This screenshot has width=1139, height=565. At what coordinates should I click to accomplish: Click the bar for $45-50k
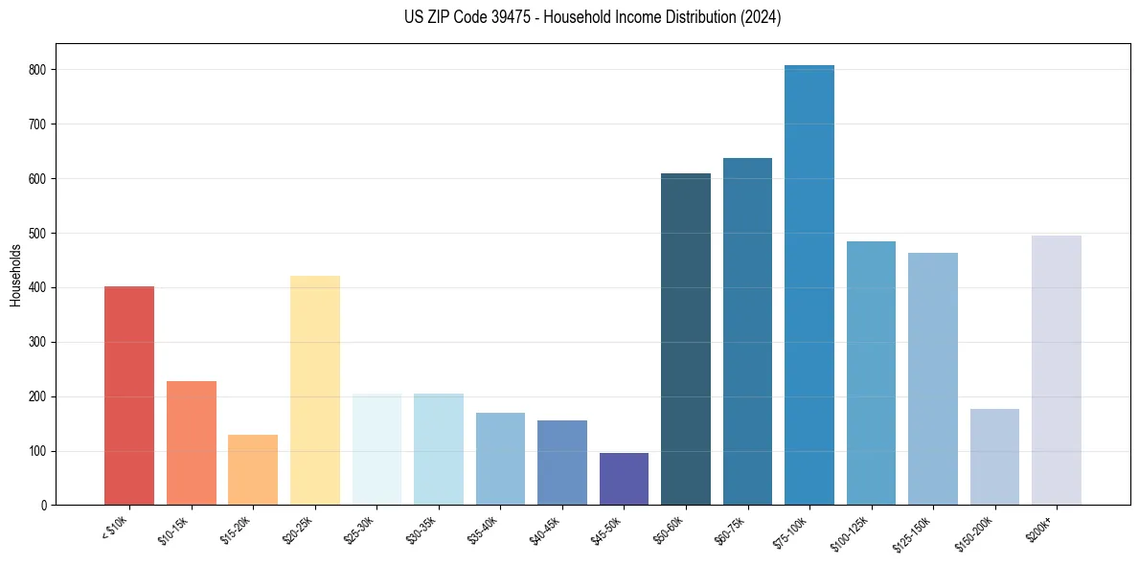(x=624, y=479)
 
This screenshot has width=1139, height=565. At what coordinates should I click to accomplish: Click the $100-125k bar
(x=871, y=373)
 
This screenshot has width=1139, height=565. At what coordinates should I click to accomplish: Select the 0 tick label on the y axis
(x=45, y=506)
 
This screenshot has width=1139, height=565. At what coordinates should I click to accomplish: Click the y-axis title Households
(x=15, y=275)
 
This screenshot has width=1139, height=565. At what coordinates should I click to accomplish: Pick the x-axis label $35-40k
(x=485, y=529)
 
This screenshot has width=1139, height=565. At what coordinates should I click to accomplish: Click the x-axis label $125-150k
(x=915, y=531)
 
